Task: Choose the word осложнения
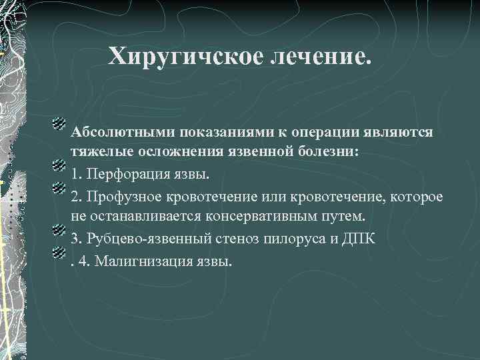pyautogui.click(x=181, y=151)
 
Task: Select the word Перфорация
pyautogui.click(x=122, y=175)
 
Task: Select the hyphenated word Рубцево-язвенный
pyautogui.click(x=138, y=239)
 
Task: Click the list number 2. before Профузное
pyautogui.click(x=77, y=197)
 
